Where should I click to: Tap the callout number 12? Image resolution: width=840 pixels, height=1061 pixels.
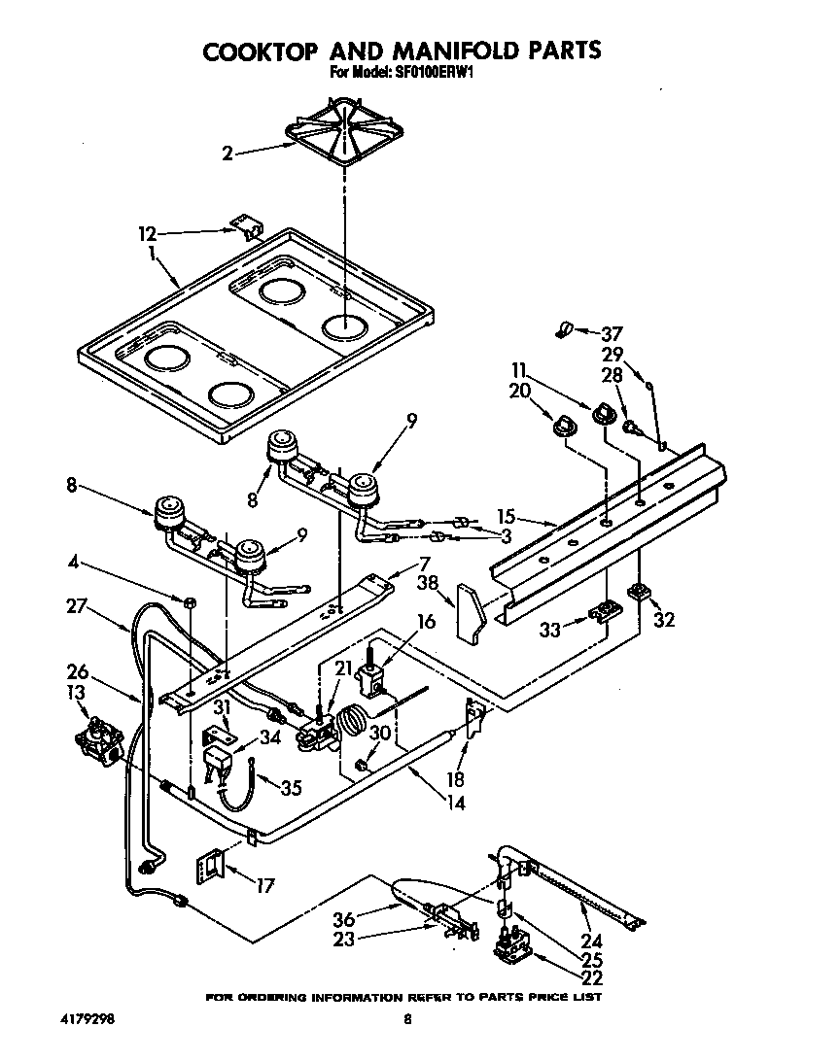click(146, 233)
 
